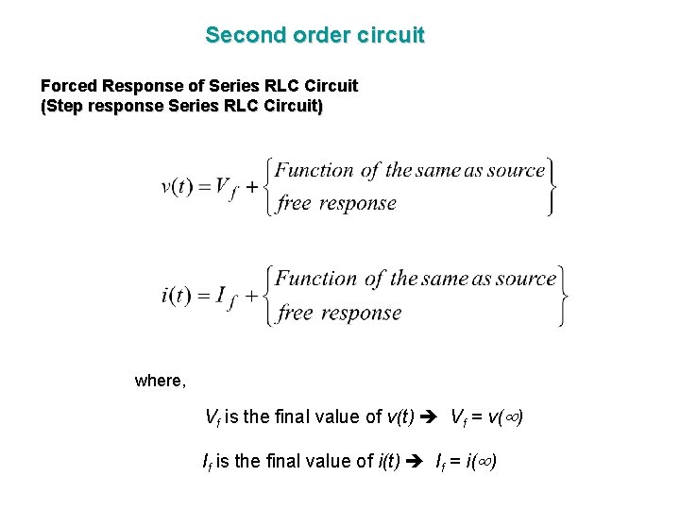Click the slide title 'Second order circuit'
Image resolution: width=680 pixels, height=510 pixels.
coord(314,36)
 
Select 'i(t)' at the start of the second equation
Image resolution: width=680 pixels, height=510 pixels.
coord(177,295)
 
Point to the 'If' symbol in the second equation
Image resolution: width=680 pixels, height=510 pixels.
coord(224,297)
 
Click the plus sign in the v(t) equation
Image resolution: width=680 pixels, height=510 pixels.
coord(252,187)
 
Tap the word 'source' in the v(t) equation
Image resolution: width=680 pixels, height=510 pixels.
coord(516,171)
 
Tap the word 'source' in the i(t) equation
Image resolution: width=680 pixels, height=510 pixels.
coord(525,279)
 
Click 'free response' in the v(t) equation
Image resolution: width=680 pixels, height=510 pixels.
coord(336,203)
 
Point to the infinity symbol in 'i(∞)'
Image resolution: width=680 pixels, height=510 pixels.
coord(484,462)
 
